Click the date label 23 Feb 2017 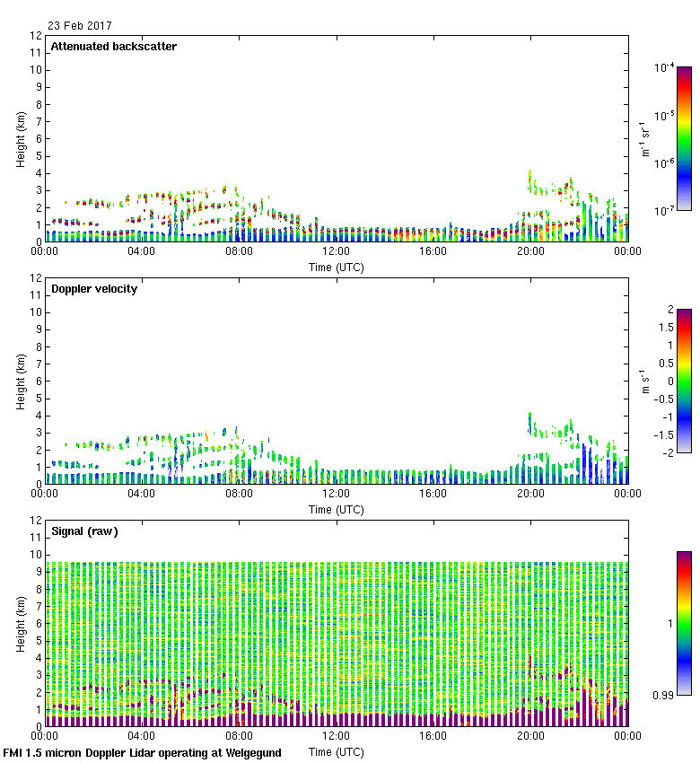coord(80,26)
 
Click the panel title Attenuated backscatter coord(113,47)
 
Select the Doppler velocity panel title coord(94,289)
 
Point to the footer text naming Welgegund coord(142,753)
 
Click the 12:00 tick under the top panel coord(337,252)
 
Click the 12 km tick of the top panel coord(37,36)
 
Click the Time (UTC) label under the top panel coord(337,267)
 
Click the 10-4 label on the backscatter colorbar coord(664,68)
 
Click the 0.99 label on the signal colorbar coord(663,695)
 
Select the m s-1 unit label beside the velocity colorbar coord(644,381)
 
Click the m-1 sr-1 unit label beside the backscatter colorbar coord(644,138)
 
